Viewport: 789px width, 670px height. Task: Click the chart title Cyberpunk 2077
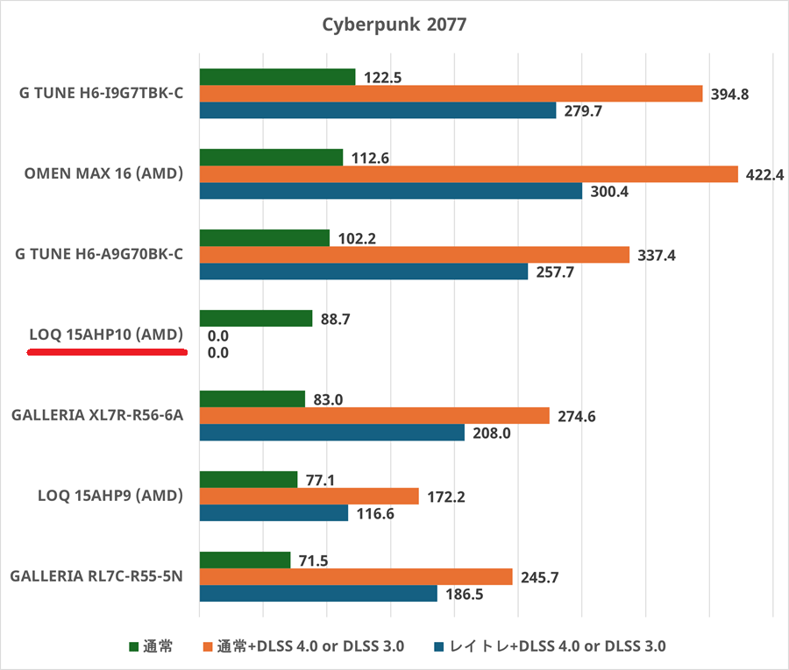coord(394,25)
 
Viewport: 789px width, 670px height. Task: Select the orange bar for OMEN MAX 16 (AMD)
coord(468,174)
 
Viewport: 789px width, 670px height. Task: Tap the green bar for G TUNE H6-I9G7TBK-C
coord(277,77)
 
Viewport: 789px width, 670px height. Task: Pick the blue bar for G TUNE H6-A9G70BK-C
coord(363,272)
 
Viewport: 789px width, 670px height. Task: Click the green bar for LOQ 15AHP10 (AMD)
coord(256,319)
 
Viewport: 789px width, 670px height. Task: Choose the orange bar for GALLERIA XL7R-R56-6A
coord(374,416)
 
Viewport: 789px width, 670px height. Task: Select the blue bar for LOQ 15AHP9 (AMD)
coord(274,513)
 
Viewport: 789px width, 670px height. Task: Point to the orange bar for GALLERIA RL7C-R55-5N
coord(356,576)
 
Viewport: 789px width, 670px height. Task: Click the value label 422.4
coord(764,174)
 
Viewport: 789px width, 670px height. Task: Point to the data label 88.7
coord(336,320)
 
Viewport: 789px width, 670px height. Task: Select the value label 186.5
coord(464,594)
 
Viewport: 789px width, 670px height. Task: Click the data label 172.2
coord(445,497)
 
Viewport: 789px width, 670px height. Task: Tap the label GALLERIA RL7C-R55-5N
coord(96,576)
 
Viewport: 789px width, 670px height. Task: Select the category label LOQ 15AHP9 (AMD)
coord(110,496)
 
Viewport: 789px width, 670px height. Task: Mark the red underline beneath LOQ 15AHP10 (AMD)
coord(107,352)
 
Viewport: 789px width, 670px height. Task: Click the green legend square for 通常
coord(134,647)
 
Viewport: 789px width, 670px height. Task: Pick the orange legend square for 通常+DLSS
coord(209,647)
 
